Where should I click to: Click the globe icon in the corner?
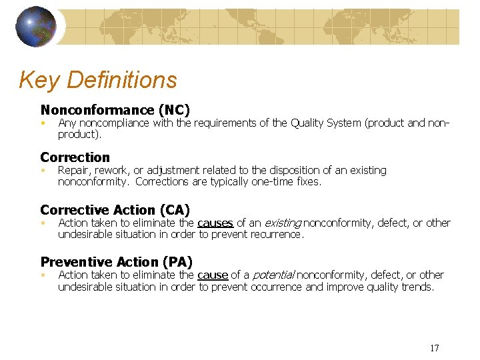click(36, 27)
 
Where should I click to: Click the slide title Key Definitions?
click(98, 80)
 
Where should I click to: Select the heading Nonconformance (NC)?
click(115, 110)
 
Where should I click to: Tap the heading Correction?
click(75, 157)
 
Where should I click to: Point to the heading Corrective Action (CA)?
click(115, 210)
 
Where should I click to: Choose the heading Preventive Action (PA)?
click(117, 262)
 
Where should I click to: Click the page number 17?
click(435, 348)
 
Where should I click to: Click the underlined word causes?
click(215, 223)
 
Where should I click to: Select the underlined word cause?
click(213, 275)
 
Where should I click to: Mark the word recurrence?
click(275, 235)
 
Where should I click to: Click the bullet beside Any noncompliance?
click(42, 123)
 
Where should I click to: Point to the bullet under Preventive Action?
click(42, 275)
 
